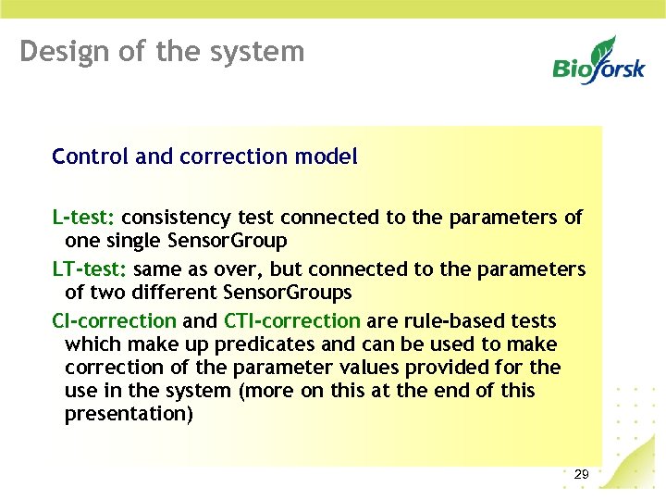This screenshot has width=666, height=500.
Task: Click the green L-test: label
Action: [x=83, y=218]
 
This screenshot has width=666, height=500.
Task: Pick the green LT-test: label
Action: [x=90, y=269]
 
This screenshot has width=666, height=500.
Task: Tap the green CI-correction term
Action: [x=114, y=321]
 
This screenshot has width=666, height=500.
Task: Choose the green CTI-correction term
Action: [x=292, y=321]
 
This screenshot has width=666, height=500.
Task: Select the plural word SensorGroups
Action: [x=288, y=293]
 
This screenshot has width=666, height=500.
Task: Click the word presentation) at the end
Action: [x=129, y=414]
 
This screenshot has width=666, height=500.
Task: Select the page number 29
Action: [x=581, y=475]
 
